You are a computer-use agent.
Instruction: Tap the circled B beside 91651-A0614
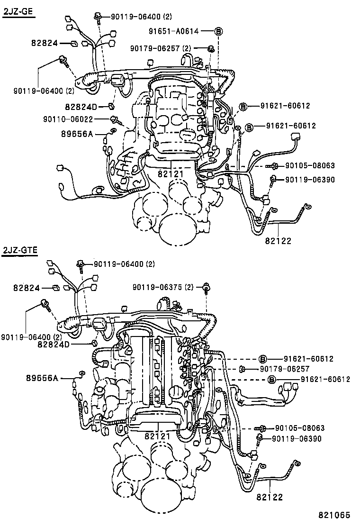(x=218, y=31)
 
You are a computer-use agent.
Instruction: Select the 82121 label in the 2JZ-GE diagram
(x=171, y=174)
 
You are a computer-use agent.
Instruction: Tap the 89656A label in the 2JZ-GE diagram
(x=76, y=134)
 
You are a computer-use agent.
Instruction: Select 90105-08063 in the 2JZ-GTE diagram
(x=300, y=428)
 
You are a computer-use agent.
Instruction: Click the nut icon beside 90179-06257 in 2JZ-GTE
(x=242, y=369)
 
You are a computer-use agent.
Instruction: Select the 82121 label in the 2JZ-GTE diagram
(x=157, y=435)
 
